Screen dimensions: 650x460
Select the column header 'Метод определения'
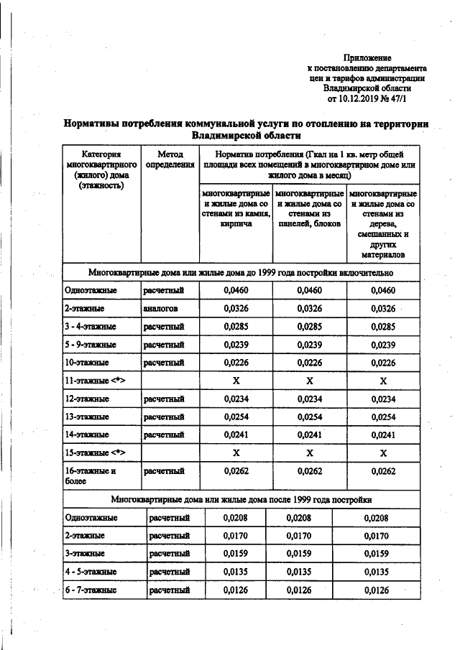tap(170, 159)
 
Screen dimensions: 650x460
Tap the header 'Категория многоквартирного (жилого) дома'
tap(101, 170)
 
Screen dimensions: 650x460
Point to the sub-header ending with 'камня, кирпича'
tap(236, 209)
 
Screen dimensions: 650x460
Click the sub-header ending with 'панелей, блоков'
tap(309, 209)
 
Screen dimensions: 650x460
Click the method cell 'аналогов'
tap(160, 309)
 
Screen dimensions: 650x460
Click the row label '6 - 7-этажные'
tap(90, 591)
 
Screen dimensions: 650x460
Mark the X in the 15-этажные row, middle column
tap(310, 453)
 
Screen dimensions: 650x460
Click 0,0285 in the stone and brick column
tap(236, 327)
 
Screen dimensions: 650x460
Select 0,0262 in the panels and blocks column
tap(310, 471)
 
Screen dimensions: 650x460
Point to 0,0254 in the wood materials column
tap(383, 417)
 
